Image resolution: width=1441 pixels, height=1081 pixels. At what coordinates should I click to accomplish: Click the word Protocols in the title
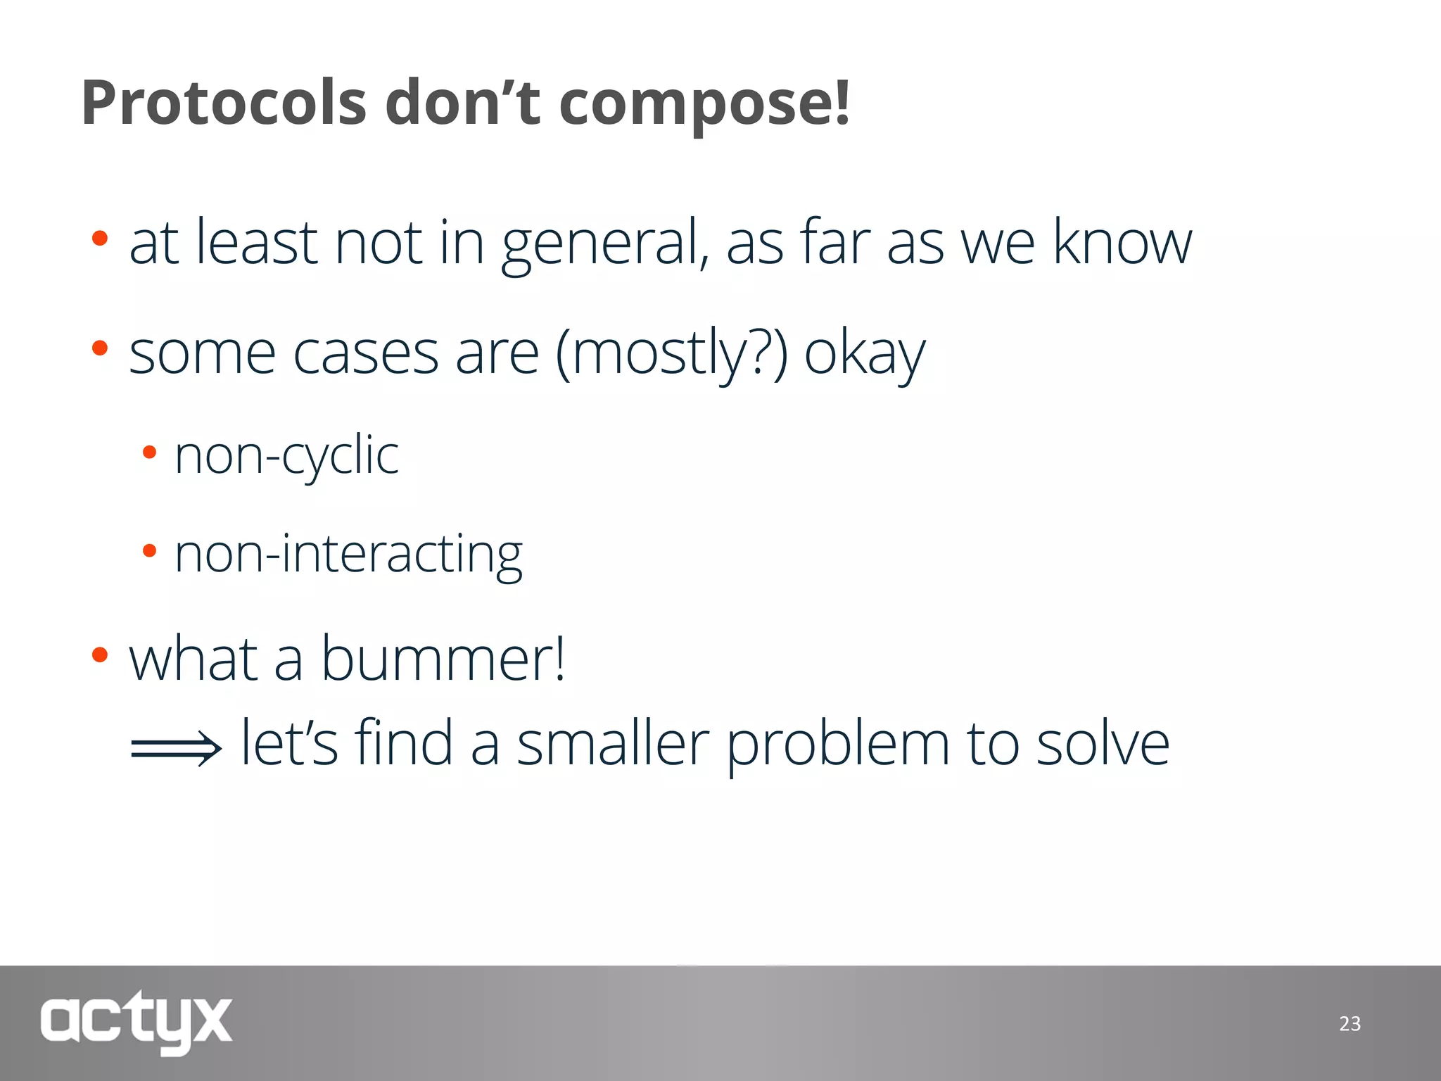(224, 103)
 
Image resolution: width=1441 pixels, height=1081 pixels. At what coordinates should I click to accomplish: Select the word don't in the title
(462, 103)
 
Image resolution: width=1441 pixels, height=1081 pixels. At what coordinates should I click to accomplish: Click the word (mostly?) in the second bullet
(671, 354)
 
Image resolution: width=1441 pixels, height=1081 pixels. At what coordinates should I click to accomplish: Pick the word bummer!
(443, 659)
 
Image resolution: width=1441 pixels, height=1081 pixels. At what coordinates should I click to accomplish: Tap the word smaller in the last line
(613, 744)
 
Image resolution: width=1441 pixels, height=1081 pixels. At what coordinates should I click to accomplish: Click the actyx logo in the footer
(136, 1022)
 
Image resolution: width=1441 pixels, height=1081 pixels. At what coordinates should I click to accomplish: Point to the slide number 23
(1350, 1023)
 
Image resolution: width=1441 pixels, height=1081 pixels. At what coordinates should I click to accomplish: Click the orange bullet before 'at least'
(100, 238)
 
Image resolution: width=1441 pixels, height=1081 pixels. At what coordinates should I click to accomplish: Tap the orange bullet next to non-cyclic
(149, 453)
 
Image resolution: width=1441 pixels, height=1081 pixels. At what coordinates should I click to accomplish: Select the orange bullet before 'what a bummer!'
(100, 655)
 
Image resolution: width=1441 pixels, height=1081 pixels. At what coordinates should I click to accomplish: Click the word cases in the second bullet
(365, 354)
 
